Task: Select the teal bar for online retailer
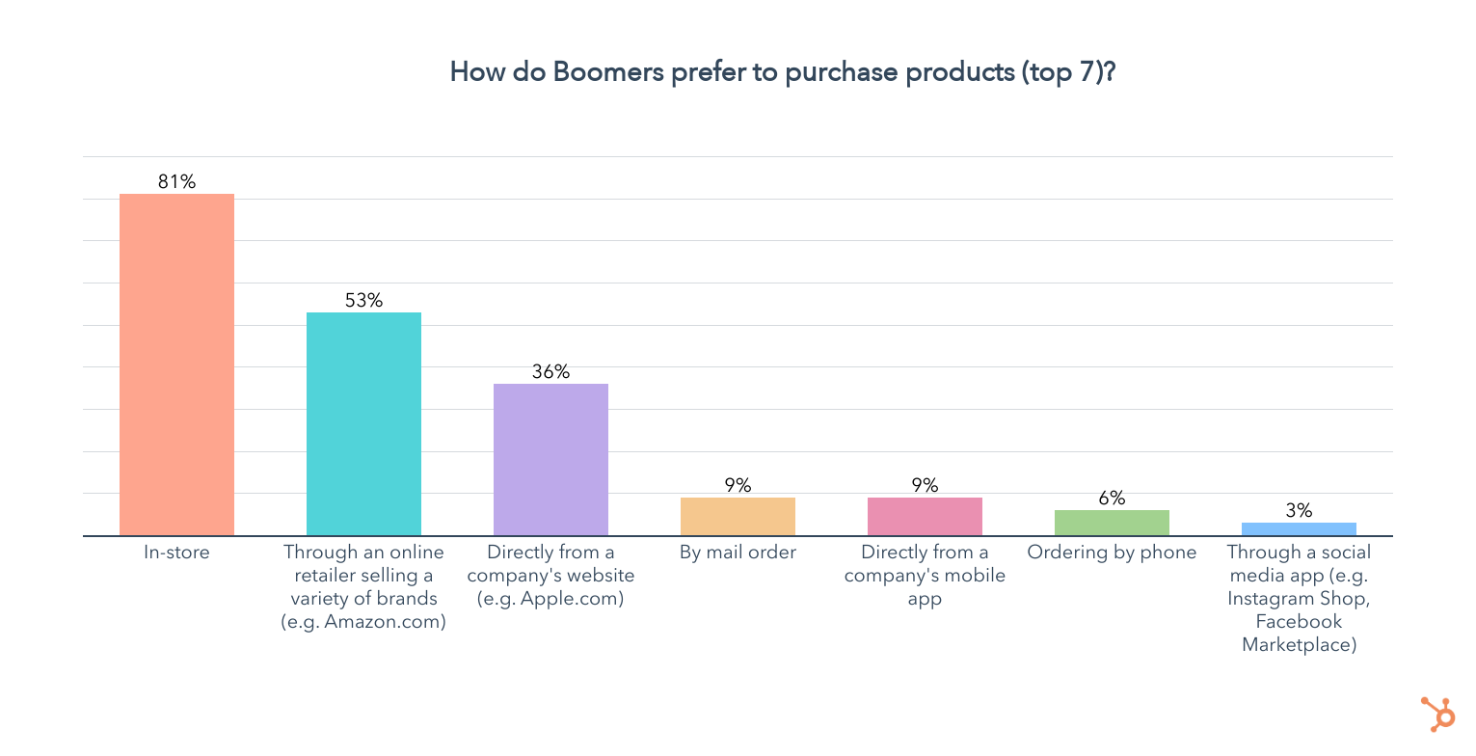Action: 363,424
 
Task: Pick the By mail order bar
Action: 738,517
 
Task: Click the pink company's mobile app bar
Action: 925,517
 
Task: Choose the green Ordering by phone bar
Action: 1112,523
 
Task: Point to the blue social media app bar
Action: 1299,529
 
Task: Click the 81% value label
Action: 176,181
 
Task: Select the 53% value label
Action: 363,300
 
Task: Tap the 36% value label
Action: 550,371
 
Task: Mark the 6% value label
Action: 1112,498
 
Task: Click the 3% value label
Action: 1299,510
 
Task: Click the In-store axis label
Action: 176,553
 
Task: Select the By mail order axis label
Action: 738,553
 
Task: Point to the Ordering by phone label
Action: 1112,553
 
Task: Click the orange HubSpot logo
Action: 1438,715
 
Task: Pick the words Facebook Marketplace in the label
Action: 1299,634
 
